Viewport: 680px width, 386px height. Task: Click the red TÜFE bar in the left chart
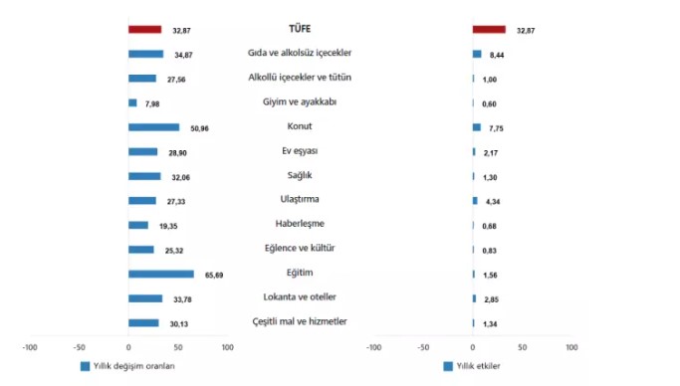[x=144, y=30]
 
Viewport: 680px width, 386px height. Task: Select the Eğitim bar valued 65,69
[x=161, y=274]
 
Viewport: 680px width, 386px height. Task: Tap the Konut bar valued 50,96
[x=154, y=127]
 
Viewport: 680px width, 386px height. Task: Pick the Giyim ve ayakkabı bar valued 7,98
[x=133, y=102]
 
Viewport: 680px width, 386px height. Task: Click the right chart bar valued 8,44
[x=478, y=54]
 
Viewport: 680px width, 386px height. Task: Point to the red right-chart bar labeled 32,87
[x=489, y=30]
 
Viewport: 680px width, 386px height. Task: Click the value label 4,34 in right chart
[x=495, y=201]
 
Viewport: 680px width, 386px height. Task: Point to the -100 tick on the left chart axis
[x=30, y=347]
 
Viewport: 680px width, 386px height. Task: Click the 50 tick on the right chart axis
[x=523, y=347]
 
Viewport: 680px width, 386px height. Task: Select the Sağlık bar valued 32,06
[x=144, y=176]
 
